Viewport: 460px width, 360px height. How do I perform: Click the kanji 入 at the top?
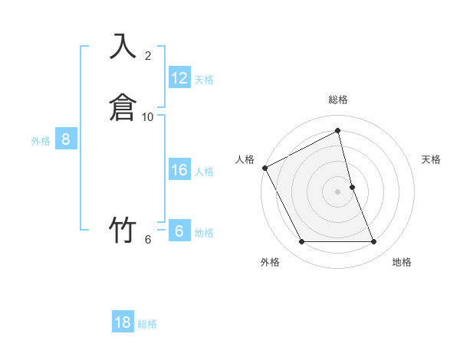click(123, 47)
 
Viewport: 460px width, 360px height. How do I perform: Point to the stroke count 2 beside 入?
click(148, 56)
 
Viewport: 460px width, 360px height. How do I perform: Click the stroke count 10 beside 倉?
click(148, 117)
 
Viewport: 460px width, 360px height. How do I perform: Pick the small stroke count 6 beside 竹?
click(148, 240)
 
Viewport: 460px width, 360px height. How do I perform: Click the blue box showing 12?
click(179, 77)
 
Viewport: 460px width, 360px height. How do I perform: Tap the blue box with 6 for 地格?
click(179, 231)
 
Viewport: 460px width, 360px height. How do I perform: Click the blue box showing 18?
click(123, 322)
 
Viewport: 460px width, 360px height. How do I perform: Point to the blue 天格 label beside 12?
click(204, 80)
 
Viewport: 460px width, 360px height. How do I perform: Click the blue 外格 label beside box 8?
click(41, 141)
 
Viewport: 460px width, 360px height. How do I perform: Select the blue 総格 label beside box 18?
click(147, 325)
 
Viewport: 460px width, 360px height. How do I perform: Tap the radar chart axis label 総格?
click(338, 100)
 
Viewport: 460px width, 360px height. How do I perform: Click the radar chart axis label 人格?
click(245, 159)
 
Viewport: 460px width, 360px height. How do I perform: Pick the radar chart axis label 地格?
click(402, 262)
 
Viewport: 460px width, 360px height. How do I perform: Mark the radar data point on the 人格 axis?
click(264, 168)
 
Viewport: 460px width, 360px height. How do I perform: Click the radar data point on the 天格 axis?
click(352, 187)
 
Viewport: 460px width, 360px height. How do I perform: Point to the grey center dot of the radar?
click(338, 191)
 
